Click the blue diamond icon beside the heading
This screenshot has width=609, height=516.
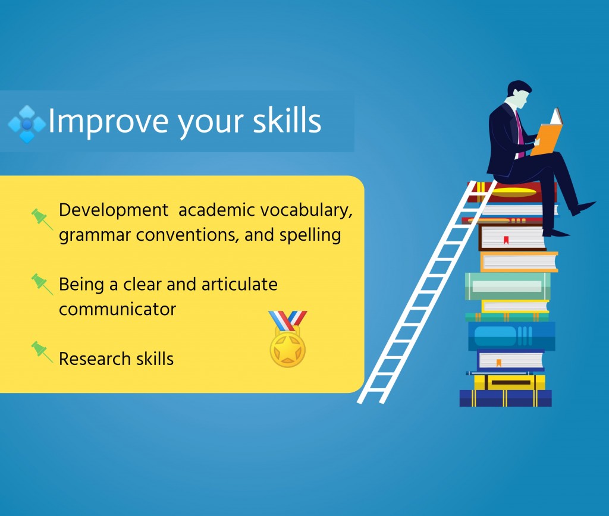coord(26,124)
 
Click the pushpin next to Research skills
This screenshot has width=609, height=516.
coord(42,352)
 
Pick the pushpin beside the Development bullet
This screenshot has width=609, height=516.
coord(42,219)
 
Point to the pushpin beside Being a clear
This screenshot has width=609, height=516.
coord(42,284)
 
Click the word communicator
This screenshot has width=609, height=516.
coord(117,310)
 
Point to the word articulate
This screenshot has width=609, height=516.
coord(240,284)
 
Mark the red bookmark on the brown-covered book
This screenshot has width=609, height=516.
coord(506,240)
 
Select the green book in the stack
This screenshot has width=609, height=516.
coord(508,286)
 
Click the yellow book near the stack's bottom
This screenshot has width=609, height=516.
coord(509,382)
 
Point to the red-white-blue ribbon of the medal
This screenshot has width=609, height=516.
coord(288,320)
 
